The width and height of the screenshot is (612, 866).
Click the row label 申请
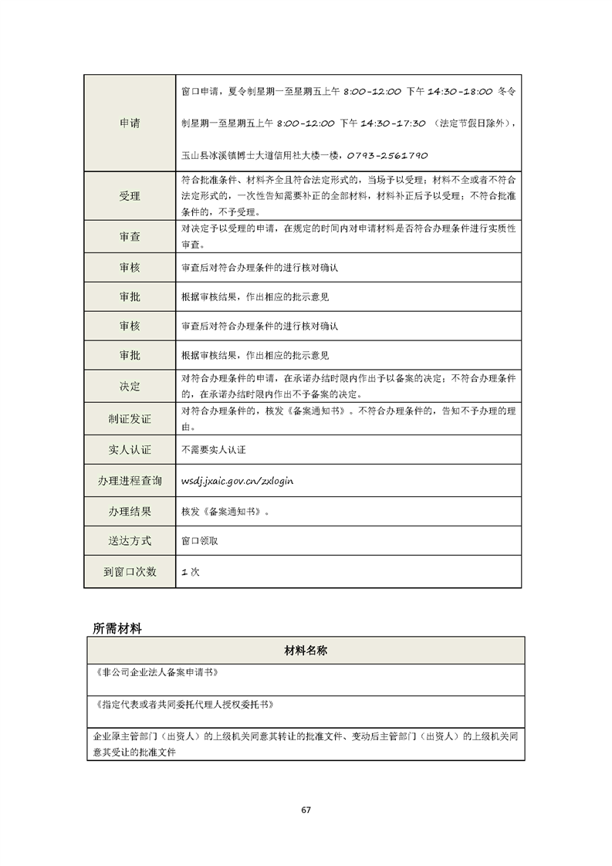[130, 123]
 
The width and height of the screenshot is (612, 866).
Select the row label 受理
[130, 196]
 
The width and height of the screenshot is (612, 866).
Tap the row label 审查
[130, 237]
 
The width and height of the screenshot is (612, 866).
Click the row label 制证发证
[130, 419]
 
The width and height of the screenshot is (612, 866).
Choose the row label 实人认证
[130, 449]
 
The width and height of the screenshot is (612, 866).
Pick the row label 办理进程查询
[130, 481]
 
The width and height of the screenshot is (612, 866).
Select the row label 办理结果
[130, 511]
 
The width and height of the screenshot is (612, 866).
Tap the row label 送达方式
[130, 541]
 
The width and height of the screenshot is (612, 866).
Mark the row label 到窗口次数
[130, 572]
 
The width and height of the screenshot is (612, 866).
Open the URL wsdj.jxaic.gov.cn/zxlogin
[237, 480]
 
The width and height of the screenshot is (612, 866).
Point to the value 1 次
[190, 572]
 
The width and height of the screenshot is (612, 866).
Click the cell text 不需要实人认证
[213, 449]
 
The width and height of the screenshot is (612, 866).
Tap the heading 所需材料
[117, 628]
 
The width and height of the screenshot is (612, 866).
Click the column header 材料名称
[306, 651]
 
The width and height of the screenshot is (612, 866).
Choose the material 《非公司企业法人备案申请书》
[155, 672]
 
